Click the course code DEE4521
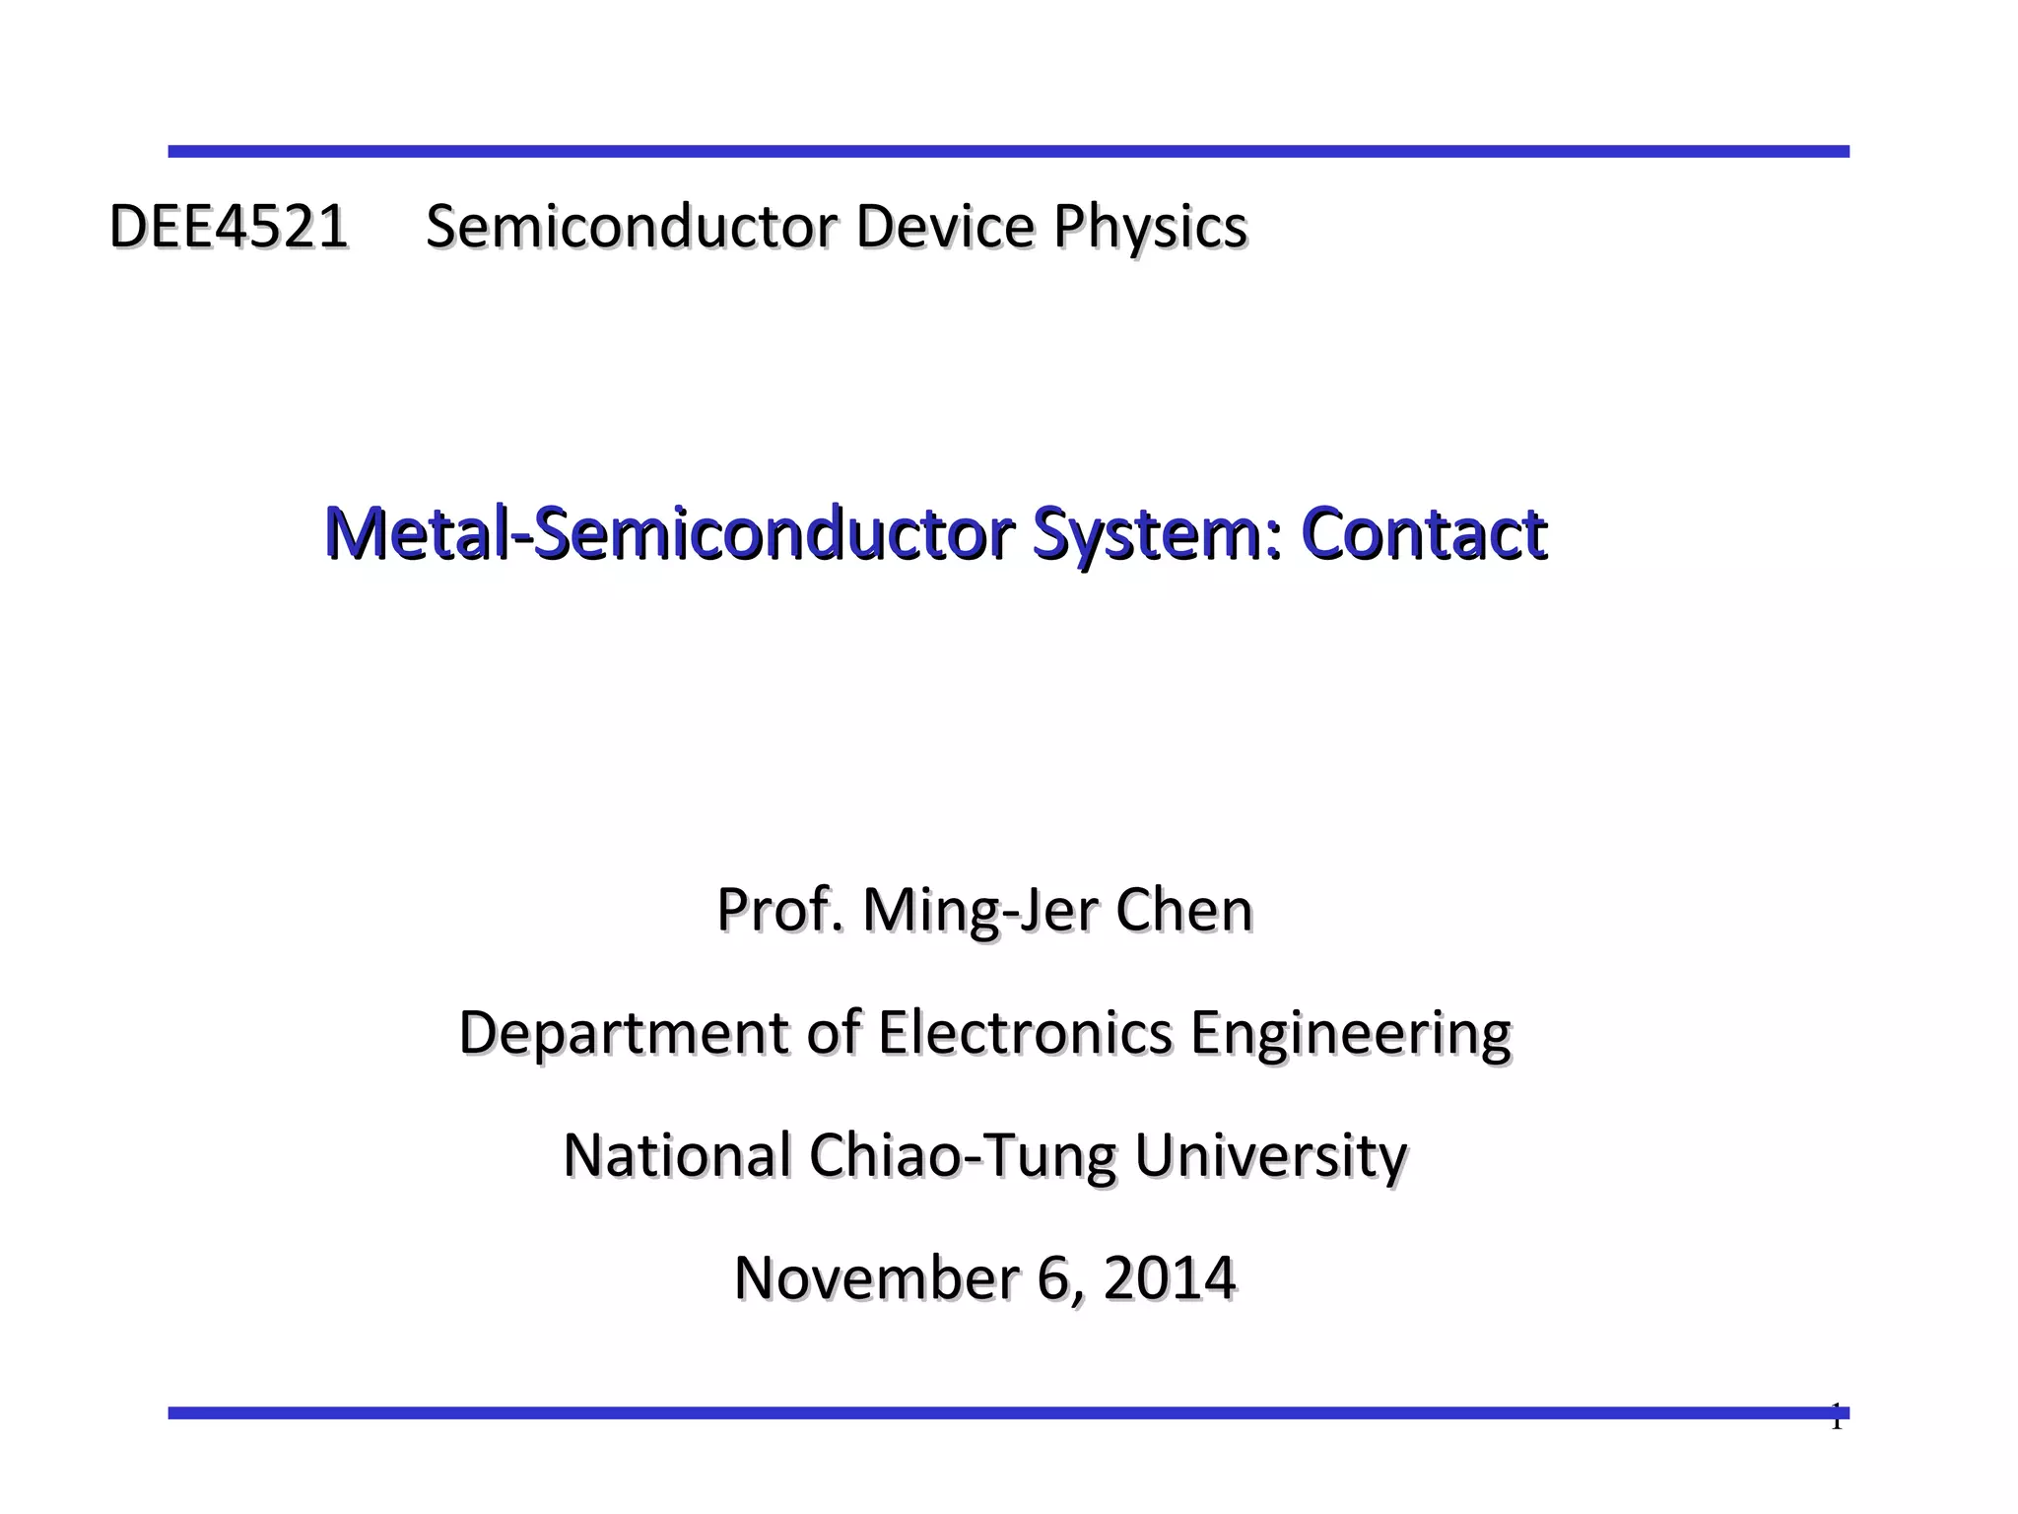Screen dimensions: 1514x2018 click(x=228, y=227)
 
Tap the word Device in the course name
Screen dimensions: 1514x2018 click(x=944, y=227)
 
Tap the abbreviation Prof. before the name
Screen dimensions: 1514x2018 click(x=779, y=910)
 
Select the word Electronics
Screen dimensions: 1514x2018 click(x=1025, y=1033)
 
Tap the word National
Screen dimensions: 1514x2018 click(x=677, y=1155)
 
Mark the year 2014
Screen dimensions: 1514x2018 click(x=1169, y=1278)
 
